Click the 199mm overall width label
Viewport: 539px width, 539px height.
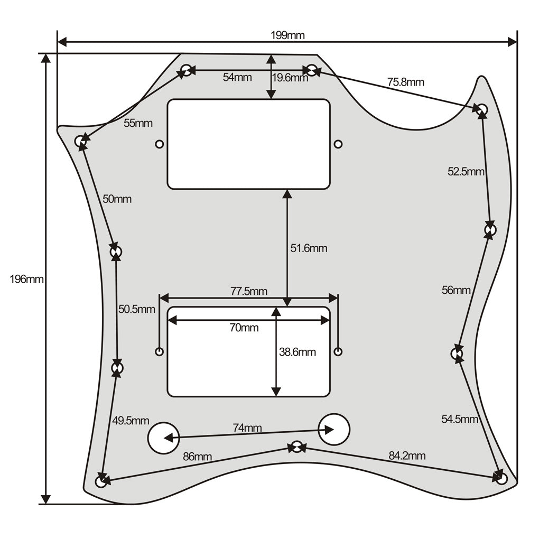coord(287,35)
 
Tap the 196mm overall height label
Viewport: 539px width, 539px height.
coord(26,279)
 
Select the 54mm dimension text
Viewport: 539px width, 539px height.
coord(237,77)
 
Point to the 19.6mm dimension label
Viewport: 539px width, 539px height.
coord(290,78)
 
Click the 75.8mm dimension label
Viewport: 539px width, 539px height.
coord(406,82)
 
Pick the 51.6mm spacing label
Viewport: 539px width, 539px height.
coord(309,248)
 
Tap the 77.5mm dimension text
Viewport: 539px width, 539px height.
coord(249,292)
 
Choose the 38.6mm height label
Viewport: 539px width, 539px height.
coord(298,352)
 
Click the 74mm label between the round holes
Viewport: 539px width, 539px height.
coord(247,428)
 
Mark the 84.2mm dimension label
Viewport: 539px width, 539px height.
coord(407,456)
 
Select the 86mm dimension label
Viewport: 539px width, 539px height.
coord(197,457)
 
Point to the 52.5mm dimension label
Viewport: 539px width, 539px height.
coord(466,172)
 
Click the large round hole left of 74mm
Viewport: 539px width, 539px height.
coord(164,438)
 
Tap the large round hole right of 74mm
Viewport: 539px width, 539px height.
coord(334,429)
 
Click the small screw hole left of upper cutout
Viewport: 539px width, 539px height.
coord(160,144)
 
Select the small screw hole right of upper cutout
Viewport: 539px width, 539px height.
coord(338,144)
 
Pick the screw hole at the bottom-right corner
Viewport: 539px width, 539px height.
coord(502,479)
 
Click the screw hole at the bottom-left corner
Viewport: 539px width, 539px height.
coord(101,481)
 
